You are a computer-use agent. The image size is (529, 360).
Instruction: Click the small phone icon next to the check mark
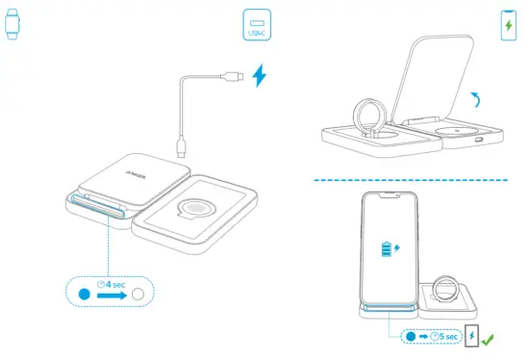tap(472, 337)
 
